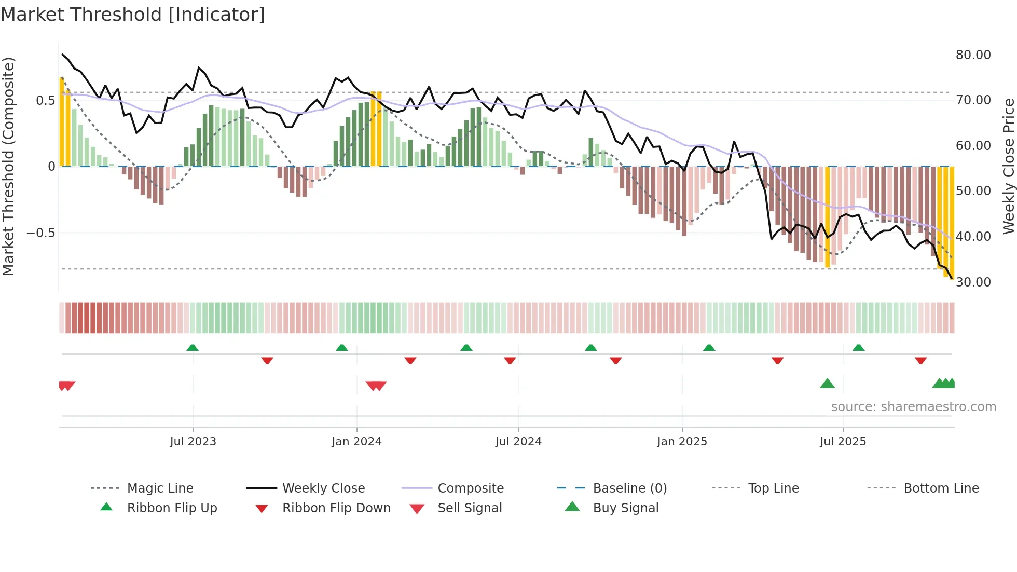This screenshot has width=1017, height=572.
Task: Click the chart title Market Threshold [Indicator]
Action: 133,15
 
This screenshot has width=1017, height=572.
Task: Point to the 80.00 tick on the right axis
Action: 973,55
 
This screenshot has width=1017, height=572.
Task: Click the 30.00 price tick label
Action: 973,282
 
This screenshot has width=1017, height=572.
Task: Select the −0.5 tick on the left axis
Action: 40,233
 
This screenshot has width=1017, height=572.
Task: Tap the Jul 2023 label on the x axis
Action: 193,442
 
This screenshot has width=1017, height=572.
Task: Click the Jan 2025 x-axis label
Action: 682,442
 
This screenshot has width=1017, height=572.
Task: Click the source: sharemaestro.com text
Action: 913,407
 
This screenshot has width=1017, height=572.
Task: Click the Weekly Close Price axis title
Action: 1008,166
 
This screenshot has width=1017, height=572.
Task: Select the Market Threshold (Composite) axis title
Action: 8,166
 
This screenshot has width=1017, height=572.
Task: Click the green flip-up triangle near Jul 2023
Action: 193,348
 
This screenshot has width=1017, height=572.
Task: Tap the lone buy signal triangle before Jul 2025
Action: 827,384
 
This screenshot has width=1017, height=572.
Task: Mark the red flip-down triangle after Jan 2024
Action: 410,360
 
